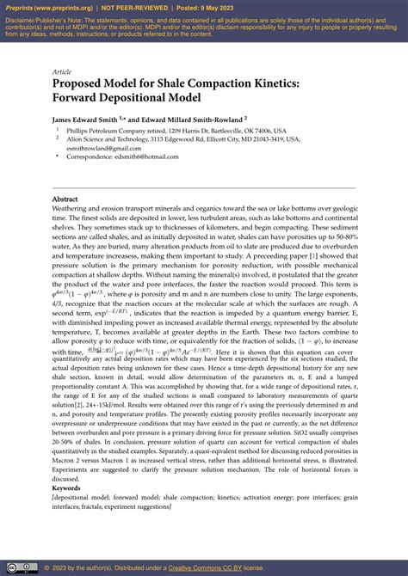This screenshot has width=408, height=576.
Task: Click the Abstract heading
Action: coord(65,199)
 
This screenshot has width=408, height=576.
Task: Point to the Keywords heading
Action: coord(67,487)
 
